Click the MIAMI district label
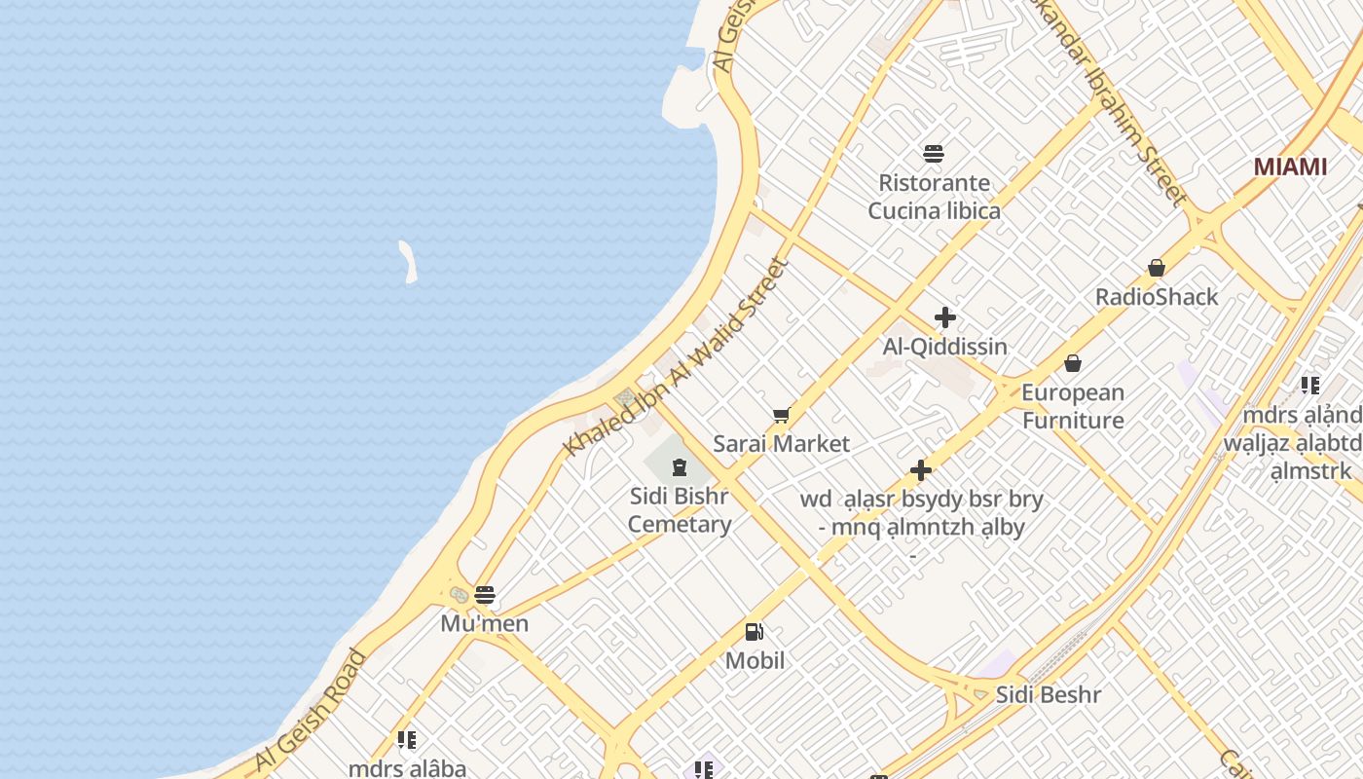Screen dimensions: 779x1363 pos(1290,167)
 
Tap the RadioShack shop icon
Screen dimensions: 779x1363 pos(1157,268)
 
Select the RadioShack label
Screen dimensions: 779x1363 pos(1157,297)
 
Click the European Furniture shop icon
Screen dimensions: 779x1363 pos(1073,363)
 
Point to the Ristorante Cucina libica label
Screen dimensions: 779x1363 pos(934,197)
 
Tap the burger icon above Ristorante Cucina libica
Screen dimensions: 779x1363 pos(934,153)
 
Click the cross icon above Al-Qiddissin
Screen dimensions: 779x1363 pos(944,317)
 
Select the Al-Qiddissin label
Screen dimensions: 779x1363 pos(944,347)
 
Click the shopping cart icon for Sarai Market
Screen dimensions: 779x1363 pos(781,416)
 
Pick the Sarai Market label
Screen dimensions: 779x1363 pos(781,444)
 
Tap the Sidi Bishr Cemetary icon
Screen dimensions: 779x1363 pos(680,466)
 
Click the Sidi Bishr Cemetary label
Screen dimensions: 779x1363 pos(680,510)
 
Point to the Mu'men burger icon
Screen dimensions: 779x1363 pos(485,594)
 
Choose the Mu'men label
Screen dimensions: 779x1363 pos(485,623)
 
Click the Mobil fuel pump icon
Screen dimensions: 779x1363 pos(755,632)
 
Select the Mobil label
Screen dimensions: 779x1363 pos(755,660)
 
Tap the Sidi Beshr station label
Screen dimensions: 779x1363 pos(1048,695)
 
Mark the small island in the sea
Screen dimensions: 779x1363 pos(408,262)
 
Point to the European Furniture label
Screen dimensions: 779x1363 pos(1073,407)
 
